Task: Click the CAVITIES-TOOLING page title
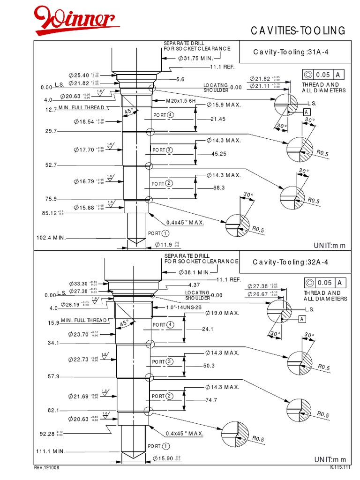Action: point(298,31)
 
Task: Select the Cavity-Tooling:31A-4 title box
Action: point(291,52)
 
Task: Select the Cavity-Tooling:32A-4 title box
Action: point(291,262)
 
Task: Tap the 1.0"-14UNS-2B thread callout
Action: point(183,308)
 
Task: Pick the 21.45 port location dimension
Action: point(218,120)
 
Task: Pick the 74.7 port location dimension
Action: point(212,400)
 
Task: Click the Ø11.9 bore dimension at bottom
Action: point(167,245)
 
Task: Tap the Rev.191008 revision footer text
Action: point(47,468)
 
